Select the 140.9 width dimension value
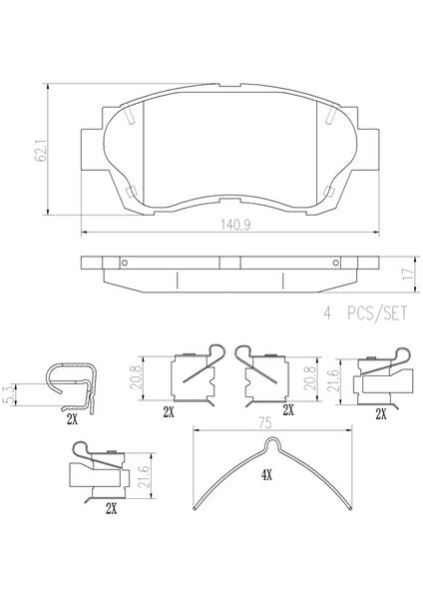pos(235,225)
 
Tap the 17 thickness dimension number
pos(407,274)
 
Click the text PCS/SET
pos(377,313)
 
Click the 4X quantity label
pos(266,475)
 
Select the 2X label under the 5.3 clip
pos(72,420)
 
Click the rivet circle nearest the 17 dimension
pos(335,263)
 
